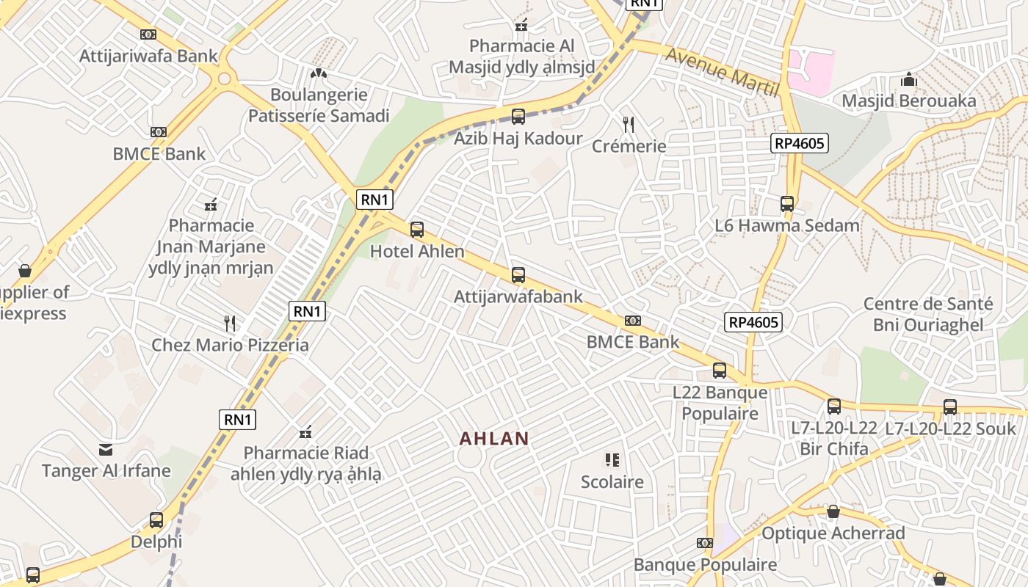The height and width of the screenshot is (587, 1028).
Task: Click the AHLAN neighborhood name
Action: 493,439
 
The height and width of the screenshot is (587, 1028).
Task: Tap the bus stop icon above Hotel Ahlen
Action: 417,230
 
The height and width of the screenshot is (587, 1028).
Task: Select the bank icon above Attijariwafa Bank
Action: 148,34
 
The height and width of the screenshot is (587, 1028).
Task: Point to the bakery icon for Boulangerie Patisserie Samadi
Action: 318,73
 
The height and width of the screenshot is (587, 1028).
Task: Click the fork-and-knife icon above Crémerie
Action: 628,124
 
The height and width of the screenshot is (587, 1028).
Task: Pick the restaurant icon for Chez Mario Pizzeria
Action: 230,323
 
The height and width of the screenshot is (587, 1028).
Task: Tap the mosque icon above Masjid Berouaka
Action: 909,79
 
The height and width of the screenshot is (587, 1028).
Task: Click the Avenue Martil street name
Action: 722,72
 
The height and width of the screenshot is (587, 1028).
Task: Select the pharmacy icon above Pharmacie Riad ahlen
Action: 306,431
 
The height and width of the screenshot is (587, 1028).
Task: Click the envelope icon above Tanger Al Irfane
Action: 106,449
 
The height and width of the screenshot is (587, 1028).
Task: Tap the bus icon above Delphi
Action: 156,520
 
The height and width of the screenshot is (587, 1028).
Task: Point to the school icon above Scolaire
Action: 612,460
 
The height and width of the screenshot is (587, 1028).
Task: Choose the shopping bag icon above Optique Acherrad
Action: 833,511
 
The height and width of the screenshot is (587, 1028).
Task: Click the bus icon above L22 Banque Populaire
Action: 720,371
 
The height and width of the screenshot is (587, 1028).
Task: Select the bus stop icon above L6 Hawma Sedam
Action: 787,204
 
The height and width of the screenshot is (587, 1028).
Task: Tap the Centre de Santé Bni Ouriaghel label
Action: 927,314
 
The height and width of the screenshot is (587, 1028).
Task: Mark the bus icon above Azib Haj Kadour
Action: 518,117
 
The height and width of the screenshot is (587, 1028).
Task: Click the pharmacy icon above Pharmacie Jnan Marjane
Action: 211,204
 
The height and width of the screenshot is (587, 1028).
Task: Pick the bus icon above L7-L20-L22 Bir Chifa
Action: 834,406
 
